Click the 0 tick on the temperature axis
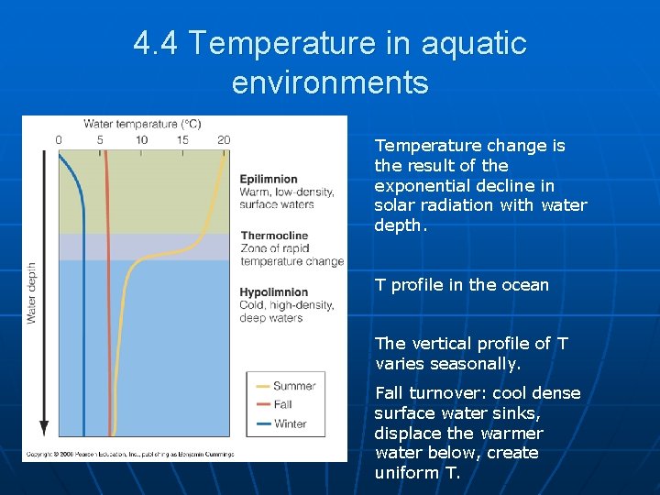tap(59, 140)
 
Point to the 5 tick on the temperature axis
tap(100, 140)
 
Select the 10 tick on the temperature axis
tap(141, 140)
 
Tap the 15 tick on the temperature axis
tap(182, 140)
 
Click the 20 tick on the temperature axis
tap(224, 140)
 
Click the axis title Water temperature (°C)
tap(142, 124)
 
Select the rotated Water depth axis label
tap(31, 292)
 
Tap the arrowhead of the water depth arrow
tap(43, 428)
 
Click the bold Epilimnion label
tap(269, 179)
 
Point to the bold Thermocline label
tap(274, 236)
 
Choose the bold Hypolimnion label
tap(273, 292)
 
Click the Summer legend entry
tap(293, 386)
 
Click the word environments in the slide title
tap(330, 82)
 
